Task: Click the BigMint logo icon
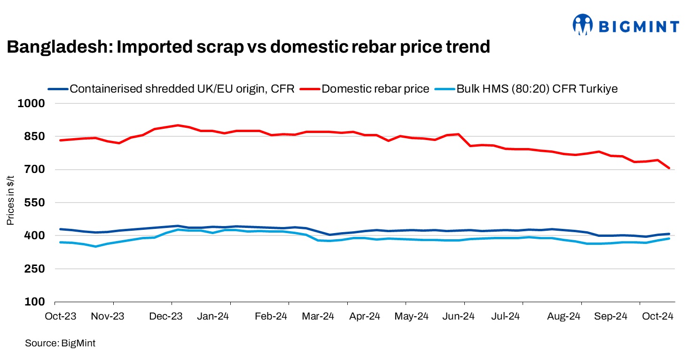[583, 24]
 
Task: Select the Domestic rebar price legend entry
[375, 89]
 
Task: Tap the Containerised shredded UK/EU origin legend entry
[181, 89]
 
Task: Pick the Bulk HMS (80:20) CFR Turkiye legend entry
[537, 89]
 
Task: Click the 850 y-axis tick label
[34, 137]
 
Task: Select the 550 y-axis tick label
[34, 203]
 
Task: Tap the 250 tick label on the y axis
[34, 269]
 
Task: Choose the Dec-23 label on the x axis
[165, 316]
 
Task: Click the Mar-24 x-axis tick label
[318, 316]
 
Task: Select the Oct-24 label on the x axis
[658, 316]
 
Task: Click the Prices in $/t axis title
[11, 203]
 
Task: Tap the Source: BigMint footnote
[60, 344]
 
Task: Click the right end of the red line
[669, 168]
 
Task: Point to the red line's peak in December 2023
[178, 125]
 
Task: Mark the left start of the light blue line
[60, 242]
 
